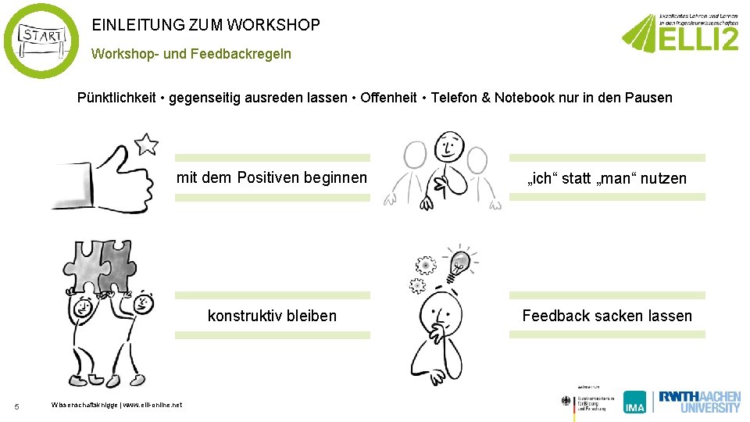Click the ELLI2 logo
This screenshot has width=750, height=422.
pyautogui.click(x=680, y=34)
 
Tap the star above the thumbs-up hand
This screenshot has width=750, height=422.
pyautogui.click(x=146, y=144)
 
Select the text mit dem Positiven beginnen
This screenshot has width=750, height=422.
pyautogui.click(x=272, y=178)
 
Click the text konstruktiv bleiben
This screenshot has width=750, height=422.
pyautogui.click(x=272, y=316)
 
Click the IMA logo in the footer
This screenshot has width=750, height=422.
pyautogui.click(x=634, y=402)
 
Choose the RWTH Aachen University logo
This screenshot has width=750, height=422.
pyautogui.click(x=699, y=401)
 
